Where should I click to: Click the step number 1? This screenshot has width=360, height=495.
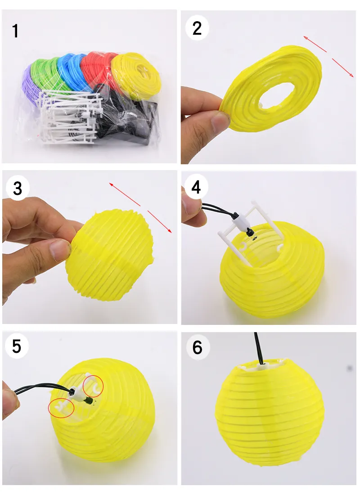coord(16,31)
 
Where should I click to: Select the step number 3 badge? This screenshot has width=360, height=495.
coord(18,188)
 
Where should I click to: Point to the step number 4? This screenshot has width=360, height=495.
coord(196,187)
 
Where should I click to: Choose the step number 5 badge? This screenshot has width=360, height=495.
coord(17,346)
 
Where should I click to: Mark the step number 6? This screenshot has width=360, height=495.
coord(197,347)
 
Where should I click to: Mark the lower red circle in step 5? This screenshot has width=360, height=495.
coord(61,407)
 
